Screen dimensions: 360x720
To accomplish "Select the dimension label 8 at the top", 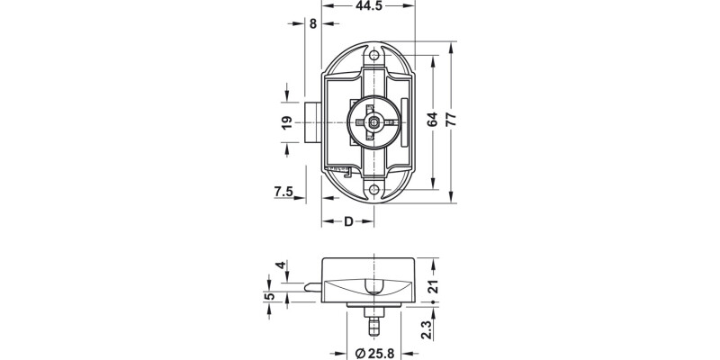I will [312, 24].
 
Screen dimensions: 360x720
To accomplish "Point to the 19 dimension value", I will [286, 123].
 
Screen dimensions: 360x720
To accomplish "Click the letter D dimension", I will [346, 222].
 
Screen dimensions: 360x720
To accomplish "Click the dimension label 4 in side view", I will [281, 266].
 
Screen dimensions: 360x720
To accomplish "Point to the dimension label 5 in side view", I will [268, 298].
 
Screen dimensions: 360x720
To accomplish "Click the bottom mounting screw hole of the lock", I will [375, 188].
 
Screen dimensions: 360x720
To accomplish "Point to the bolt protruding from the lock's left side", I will [311, 124].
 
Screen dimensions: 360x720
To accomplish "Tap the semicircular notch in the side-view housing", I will [373, 288].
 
